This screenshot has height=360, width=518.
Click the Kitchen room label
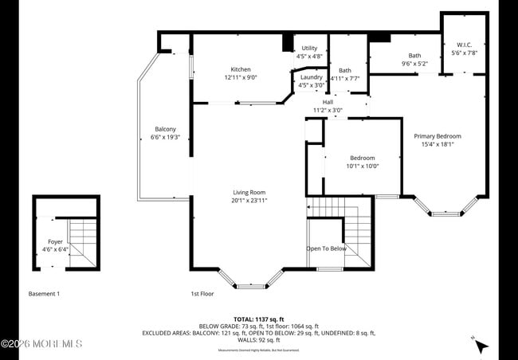[x=241, y=69]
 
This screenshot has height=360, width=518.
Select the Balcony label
[x=165, y=129]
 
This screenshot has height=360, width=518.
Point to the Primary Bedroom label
[x=437, y=136]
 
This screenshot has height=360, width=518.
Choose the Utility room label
[x=309, y=49]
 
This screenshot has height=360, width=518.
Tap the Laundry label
[x=311, y=77]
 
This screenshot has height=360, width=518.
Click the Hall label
[x=328, y=102]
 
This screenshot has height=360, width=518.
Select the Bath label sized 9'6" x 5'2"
[x=414, y=56]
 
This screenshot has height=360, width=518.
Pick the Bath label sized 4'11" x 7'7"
[x=344, y=70]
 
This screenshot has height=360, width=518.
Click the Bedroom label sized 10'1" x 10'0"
[x=362, y=158]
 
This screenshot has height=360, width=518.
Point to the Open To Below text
[x=327, y=248]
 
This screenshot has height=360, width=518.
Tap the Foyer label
[x=55, y=241]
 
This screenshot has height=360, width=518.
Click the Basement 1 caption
[x=44, y=294]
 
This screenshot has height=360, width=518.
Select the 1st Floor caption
[x=202, y=294]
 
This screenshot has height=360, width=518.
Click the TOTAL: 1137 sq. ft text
[x=258, y=319]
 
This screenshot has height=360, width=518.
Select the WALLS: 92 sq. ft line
[x=258, y=340]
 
